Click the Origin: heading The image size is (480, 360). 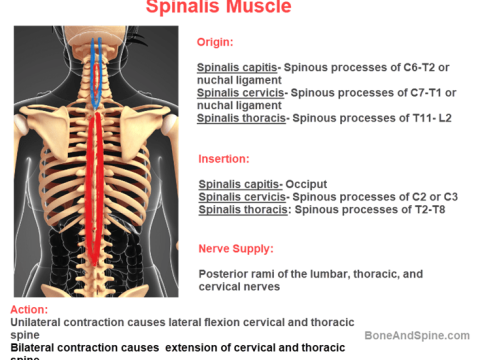click(215, 43)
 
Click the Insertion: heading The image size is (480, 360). click(223, 158)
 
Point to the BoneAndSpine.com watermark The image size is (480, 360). click(417, 337)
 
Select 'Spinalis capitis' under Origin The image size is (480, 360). click(238, 68)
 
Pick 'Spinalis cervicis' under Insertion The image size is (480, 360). click(241, 197)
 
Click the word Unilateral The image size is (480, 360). click(40, 323)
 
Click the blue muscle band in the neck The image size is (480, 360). click(96, 70)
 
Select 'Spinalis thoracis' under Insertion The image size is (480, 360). click(240, 210)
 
